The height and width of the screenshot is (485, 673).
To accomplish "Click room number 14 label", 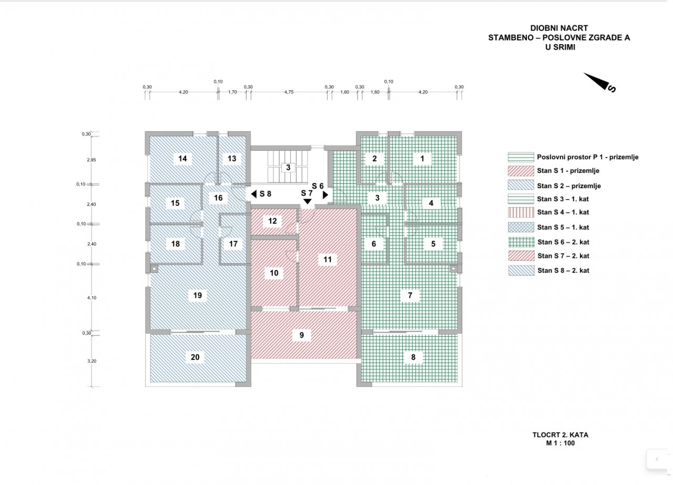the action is coord(182,159).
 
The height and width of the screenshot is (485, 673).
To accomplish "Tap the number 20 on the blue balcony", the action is coord(195,357).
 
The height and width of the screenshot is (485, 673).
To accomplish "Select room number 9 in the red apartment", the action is coord(302,335).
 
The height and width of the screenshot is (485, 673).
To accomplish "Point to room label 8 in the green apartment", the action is coord(413,357).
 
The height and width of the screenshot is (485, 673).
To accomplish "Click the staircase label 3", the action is coord(288,167).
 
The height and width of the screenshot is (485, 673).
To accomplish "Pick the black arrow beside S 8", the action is coord(254,194).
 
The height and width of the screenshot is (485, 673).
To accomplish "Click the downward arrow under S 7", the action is coord(308,201).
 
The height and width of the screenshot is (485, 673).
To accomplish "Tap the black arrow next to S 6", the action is coord(325,195).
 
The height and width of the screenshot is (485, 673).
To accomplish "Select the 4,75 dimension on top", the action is coord(289,92).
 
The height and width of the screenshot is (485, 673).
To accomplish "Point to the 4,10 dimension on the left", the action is coord(91,297).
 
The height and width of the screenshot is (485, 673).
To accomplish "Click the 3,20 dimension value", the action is coord(91,361).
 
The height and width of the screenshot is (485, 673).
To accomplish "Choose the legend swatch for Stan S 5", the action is coord(521,227).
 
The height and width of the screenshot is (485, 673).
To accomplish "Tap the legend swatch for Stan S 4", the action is coord(521,212).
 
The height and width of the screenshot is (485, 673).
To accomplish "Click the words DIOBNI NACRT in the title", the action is coord(559,28).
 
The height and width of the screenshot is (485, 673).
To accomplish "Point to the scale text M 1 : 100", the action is coord(560,443).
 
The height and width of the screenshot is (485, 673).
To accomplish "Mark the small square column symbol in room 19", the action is coord(154,269).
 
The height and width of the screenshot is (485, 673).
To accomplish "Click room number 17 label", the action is coord(233,244).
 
